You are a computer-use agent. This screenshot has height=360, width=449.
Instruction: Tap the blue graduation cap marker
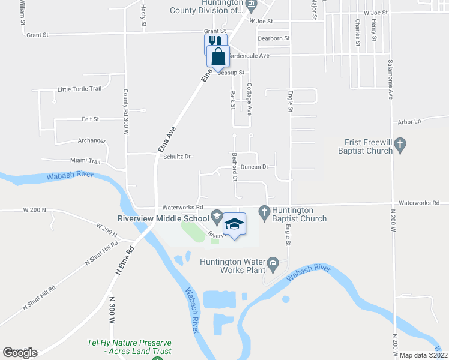coord(234,224)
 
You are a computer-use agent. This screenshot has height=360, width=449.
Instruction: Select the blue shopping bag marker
coord(218,56)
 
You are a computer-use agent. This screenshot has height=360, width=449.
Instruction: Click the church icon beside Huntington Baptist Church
coord(264,211)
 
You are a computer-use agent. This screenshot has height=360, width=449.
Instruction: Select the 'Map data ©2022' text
coord(424,355)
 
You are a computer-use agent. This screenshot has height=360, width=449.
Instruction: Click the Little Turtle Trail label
coord(79,89)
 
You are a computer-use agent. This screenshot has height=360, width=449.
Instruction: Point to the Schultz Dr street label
coord(176,157)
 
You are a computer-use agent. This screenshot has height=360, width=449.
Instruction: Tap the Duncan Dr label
coord(262,167)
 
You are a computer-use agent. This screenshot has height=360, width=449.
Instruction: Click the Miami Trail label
coord(86,161)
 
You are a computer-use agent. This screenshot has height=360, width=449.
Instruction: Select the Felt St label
coord(90,119)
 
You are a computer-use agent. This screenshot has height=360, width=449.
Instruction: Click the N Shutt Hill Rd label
coord(38,296)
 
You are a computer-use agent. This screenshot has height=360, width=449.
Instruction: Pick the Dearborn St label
coord(273,38)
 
